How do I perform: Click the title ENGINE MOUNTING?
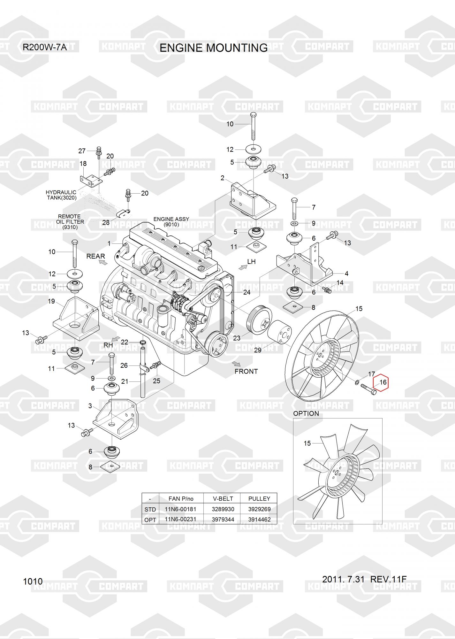[x=213, y=48]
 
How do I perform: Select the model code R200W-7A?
[x=44, y=48]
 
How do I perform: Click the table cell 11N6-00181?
[x=180, y=509]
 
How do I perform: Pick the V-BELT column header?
[x=223, y=498]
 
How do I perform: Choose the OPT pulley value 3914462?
[x=259, y=520]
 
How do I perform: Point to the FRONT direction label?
[x=246, y=371]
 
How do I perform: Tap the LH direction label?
[x=252, y=262]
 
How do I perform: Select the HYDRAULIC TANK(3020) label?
[x=61, y=195]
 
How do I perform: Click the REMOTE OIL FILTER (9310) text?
[x=70, y=222]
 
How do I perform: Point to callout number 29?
[x=257, y=350]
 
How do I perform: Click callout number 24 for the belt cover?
[x=247, y=292]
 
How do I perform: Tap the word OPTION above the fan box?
[x=306, y=413]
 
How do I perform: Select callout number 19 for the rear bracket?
[x=51, y=301]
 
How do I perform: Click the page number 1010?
[x=33, y=581]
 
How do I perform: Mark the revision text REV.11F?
[x=388, y=579]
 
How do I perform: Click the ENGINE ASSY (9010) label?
[x=171, y=222]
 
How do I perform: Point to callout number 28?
[x=106, y=222]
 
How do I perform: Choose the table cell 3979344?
[x=223, y=520]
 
